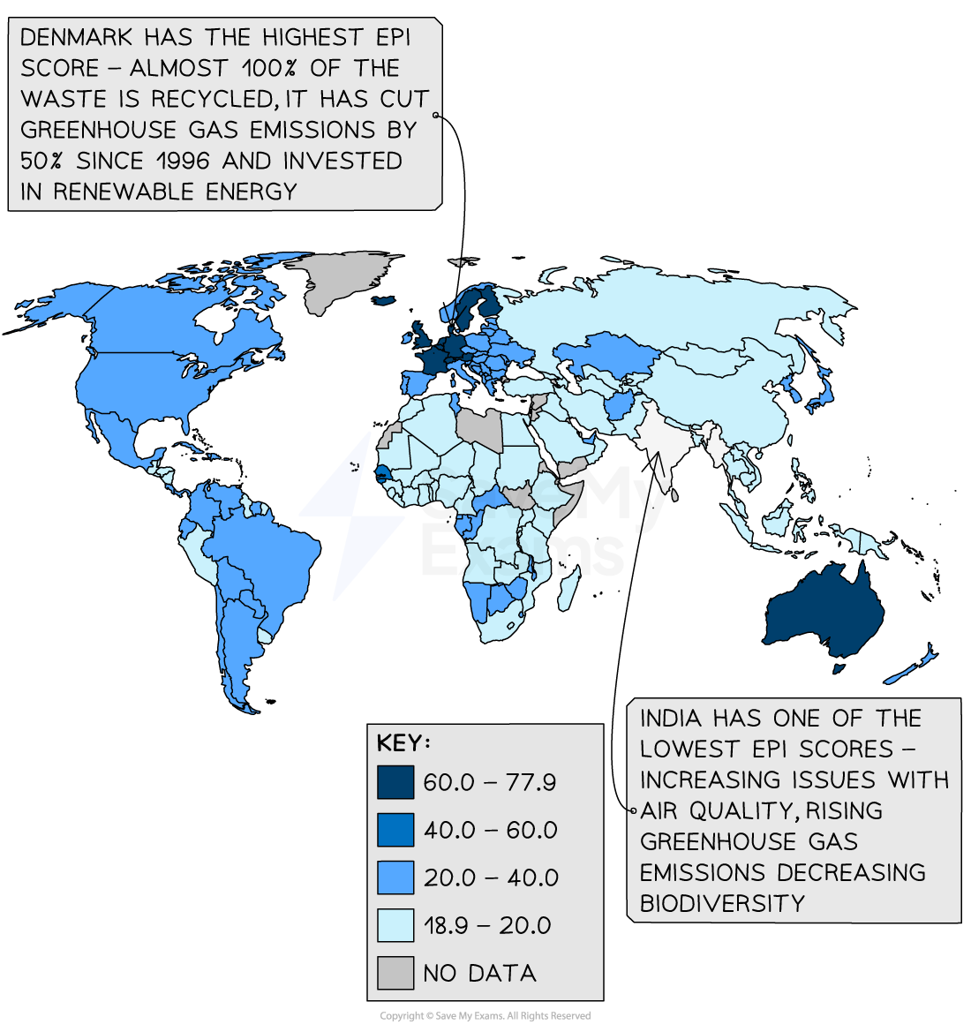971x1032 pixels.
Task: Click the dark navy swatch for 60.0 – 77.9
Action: click(x=395, y=782)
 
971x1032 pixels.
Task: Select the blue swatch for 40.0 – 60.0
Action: click(x=395, y=830)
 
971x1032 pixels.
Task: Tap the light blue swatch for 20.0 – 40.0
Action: click(x=395, y=878)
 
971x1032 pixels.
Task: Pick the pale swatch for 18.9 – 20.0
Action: click(x=395, y=925)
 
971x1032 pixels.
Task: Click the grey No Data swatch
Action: click(x=395, y=973)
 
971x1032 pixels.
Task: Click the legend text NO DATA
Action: click(x=479, y=973)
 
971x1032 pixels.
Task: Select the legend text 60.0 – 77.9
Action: click(x=489, y=782)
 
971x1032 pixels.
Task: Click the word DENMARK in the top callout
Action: click(x=76, y=38)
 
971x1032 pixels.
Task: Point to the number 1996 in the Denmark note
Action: click(x=184, y=161)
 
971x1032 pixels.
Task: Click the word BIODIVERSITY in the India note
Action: click(x=722, y=903)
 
